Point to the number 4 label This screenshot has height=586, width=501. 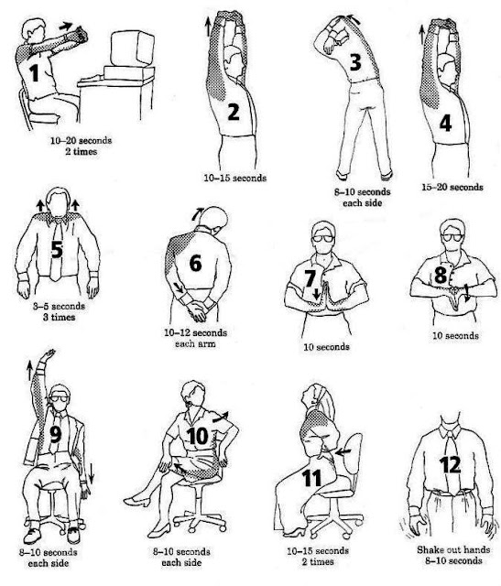(x=445, y=123)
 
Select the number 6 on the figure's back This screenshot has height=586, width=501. (x=195, y=262)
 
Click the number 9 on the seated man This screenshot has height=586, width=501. (x=55, y=436)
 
